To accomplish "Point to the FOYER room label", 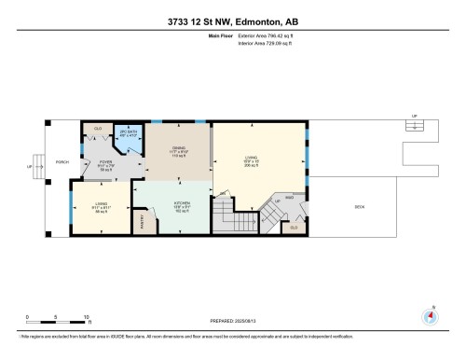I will click(105, 164).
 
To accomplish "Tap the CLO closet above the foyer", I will click(98, 128).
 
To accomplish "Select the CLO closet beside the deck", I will click(295, 227).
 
